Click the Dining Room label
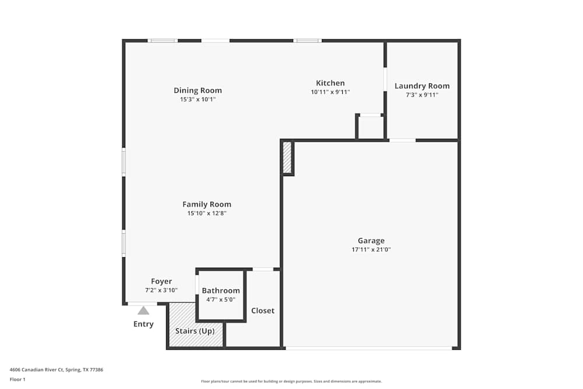coord(198,90)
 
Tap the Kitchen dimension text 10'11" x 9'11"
coord(330,92)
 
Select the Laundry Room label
coord(422,86)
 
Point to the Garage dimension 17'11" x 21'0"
coord(371,250)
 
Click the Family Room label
coord(206,204)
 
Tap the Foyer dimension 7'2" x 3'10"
coord(161,290)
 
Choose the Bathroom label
coord(221,290)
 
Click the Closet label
coord(262,311)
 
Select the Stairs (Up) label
coord(195,331)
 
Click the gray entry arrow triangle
coord(143,311)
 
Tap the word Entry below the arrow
coord(143,324)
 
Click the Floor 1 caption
coord(17,380)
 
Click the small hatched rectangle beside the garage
coord(287,158)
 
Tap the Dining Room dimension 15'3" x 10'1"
coord(198,100)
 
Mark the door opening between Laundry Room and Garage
coord(402,140)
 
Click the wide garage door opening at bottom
coord(368,348)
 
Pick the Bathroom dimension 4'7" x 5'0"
coord(221,300)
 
